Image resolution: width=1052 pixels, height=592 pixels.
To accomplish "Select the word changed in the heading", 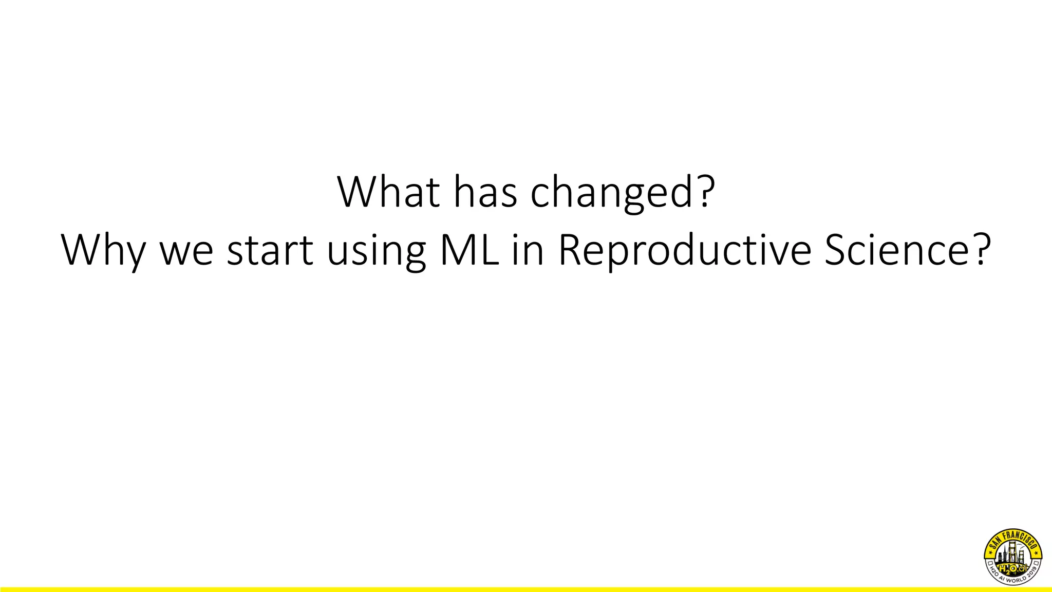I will click(611, 194).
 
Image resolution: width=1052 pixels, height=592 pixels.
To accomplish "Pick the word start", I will click(270, 251).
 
